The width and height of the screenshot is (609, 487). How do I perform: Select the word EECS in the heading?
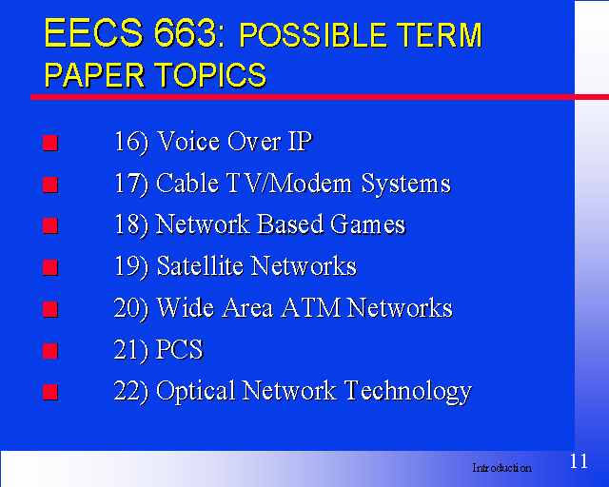tap(94, 33)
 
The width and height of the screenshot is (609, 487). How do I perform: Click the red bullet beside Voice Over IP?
tap(50, 143)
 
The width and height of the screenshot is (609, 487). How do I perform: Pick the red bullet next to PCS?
tap(50, 351)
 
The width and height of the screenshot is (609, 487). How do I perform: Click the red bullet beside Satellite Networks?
tap(50, 267)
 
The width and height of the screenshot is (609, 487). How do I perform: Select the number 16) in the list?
tap(131, 142)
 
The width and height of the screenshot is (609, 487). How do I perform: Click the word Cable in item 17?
tap(187, 183)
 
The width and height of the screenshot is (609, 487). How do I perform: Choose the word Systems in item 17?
tap(406, 184)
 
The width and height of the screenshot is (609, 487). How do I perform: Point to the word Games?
tap(368, 224)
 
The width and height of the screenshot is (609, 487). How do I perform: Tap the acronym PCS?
tap(180, 349)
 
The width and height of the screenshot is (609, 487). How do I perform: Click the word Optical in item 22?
tap(196, 392)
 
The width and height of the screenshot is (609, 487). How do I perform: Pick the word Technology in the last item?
tap(408, 392)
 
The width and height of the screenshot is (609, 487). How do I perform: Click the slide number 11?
tap(579, 461)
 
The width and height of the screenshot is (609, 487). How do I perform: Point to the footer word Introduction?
tap(501, 468)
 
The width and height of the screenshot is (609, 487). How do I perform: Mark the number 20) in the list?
tap(131, 309)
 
